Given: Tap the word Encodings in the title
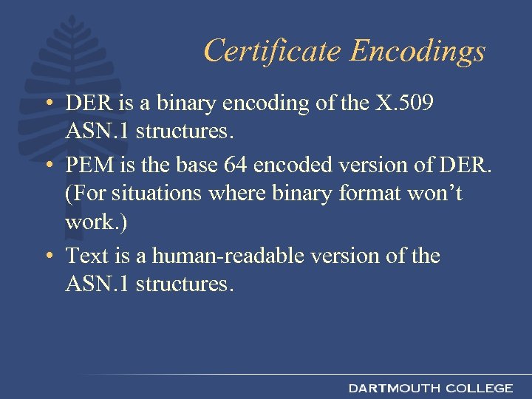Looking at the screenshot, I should pos(417,51).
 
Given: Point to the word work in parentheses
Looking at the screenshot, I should pos(89,222).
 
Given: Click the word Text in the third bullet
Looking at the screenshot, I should pos(86,256).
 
